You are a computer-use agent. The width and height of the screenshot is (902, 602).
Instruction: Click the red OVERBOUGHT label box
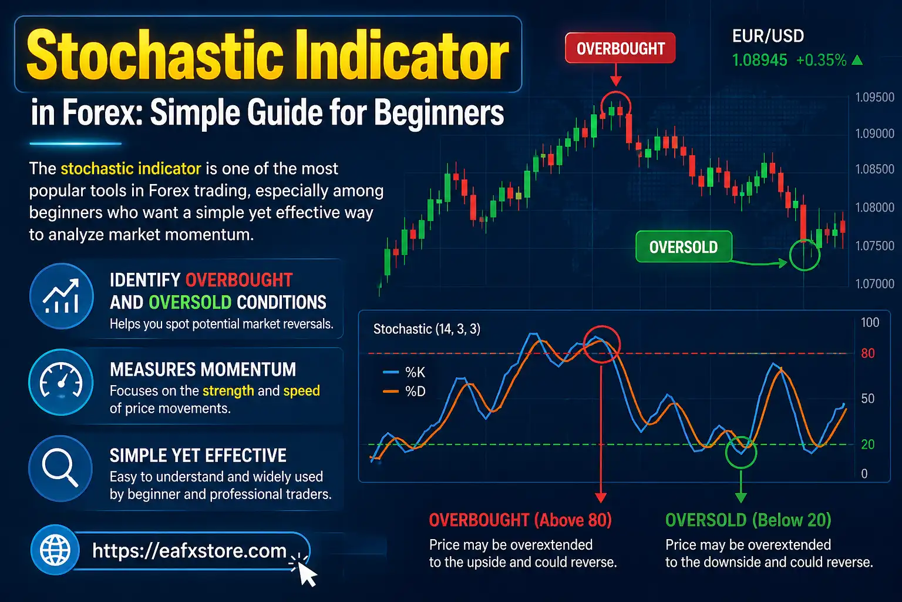click(620, 49)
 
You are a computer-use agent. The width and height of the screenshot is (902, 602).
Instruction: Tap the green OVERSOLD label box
click(684, 247)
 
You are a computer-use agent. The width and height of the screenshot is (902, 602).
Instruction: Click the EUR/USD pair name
click(768, 36)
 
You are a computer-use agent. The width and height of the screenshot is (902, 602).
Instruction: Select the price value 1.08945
click(759, 60)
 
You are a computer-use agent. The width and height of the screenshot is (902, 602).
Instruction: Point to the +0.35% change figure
click(821, 60)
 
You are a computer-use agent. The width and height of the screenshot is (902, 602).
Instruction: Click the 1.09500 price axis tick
click(874, 98)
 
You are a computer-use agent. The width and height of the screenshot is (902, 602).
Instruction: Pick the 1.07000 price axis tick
click(874, 284)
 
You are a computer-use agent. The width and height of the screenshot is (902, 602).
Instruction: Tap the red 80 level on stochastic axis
click(867, 353)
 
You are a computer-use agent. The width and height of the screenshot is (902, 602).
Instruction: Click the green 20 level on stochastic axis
click(867, 444)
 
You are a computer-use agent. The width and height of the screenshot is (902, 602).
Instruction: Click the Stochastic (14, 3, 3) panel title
click(427, 329)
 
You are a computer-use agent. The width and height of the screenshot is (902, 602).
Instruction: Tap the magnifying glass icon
click(60, 468)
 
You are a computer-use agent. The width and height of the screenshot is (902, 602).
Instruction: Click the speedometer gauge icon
click(60, 382)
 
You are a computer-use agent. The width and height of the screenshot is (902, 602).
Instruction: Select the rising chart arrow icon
click(61, 296)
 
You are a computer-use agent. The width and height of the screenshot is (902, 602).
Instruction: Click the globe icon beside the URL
click(55, 550)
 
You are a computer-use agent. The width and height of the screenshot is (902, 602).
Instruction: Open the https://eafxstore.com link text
click(189, 551)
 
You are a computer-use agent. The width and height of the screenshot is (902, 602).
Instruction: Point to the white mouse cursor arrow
click(307, 573)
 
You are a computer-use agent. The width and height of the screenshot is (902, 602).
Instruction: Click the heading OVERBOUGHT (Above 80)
click(520, 520)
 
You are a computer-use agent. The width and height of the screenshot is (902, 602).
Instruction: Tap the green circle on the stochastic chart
click(741, 452)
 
